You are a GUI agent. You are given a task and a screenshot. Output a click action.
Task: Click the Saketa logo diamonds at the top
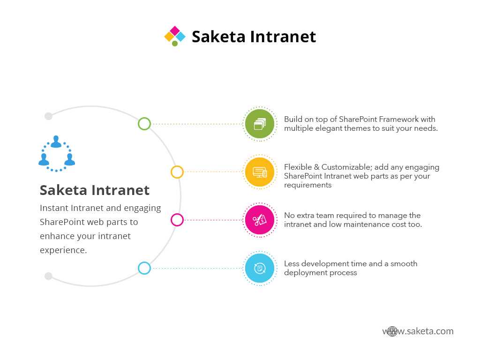coord(175,36)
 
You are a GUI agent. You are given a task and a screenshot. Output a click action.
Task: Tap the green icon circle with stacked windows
coord(260,124)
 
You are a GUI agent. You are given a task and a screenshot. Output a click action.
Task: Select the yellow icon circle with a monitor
coord(260,172)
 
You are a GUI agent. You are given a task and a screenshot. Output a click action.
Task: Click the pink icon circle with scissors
coord(260,220)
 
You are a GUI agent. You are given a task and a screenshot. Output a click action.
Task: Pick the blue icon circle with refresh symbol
coord(260,268)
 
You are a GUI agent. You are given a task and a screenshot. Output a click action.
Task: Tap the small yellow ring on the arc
coord(177,166)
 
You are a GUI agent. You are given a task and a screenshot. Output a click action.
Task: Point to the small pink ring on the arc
coord(177,214)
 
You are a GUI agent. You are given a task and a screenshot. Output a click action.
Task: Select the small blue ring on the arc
coord(144,262)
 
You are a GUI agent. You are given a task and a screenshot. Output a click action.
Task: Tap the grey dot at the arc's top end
coord(48,116)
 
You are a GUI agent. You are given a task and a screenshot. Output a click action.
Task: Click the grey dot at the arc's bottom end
coord(48,276)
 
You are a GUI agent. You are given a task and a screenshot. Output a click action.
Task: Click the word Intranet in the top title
coord(283,37)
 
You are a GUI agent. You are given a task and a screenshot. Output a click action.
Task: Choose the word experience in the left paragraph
coord(63,250)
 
